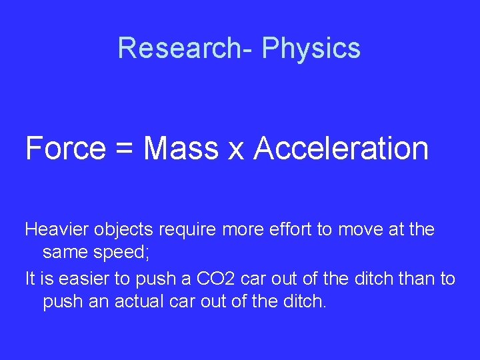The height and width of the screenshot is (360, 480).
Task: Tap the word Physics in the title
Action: (x=311, y=48)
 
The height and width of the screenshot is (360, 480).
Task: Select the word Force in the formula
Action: (x=65, y=147)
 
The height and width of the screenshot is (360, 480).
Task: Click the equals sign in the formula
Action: (x=124, y=149)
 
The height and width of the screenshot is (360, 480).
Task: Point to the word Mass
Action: (x=181, y=147)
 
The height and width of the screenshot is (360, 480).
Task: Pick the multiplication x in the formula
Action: (x=236, y=150)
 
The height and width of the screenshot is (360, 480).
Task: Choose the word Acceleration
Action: (x=341, y=147)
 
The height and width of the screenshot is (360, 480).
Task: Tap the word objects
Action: (x=123, y=230)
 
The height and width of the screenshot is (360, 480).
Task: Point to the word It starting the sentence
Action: (x=31, y=279)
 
